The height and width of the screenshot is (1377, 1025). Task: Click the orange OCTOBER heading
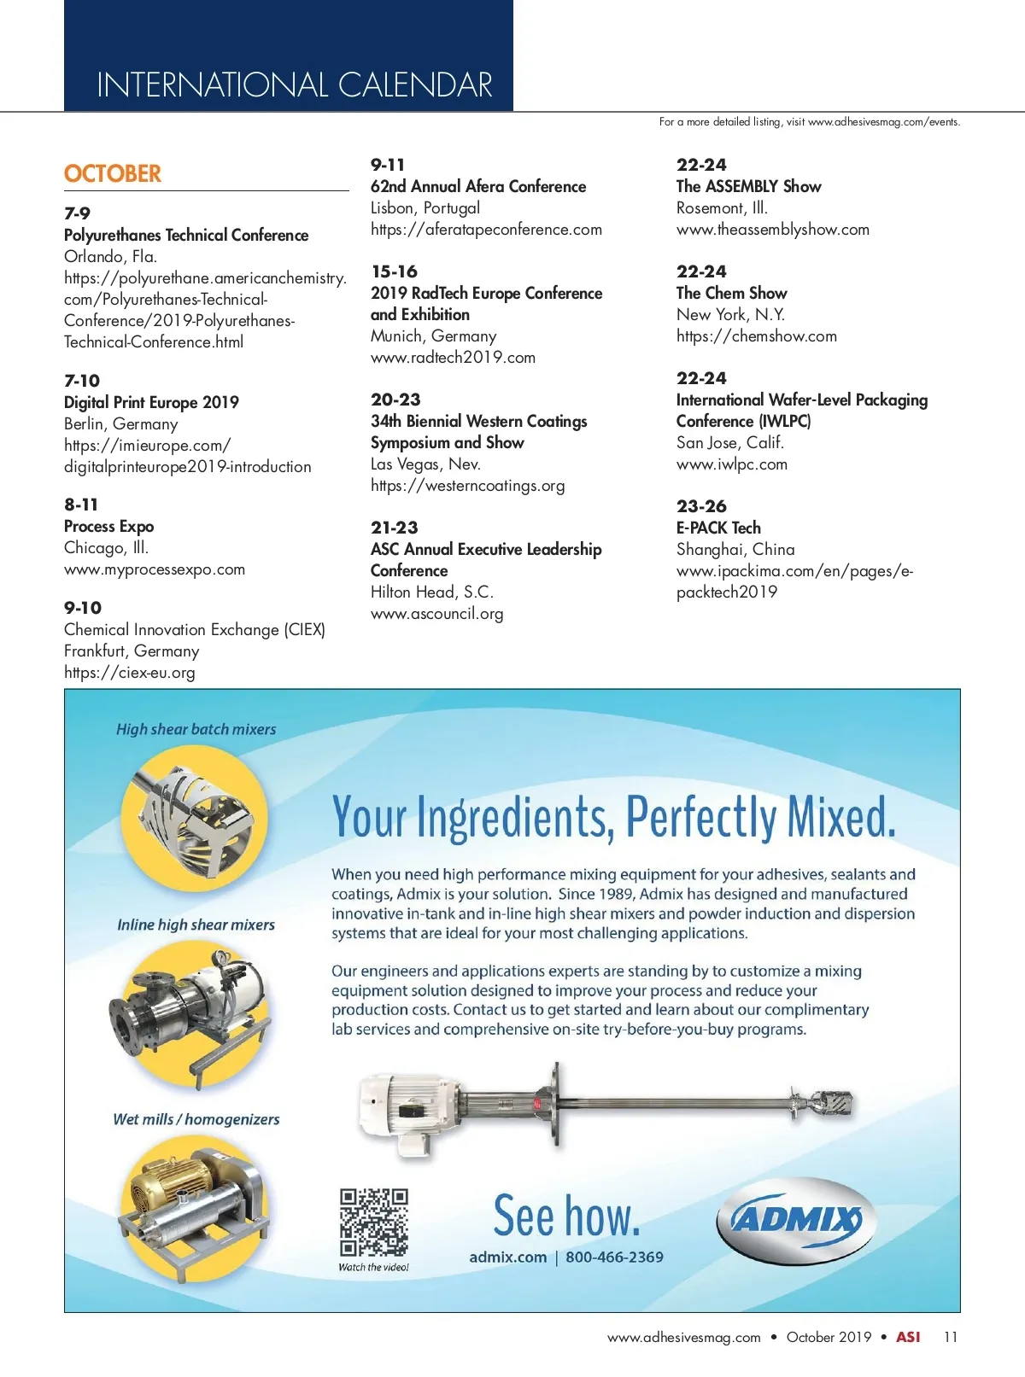[113, 173]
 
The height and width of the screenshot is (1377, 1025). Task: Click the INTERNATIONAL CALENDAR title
[295, 85]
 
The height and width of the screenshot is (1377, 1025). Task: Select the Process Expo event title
[108, 526]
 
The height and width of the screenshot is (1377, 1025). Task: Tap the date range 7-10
[82, 381]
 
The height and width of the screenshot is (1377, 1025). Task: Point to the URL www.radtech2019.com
[453, 358]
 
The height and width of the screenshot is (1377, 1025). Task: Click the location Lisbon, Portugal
[425, 207]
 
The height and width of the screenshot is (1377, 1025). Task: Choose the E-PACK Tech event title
[718, 528]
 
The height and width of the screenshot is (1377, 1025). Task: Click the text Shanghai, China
[735, 549]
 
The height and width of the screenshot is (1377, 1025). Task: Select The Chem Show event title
[731, 293]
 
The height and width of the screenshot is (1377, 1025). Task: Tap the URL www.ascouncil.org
[436, 614]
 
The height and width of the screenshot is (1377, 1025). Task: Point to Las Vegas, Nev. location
[425, 464]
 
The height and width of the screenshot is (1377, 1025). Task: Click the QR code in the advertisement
[374, 1222]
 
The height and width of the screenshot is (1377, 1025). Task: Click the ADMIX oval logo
[796, 1218]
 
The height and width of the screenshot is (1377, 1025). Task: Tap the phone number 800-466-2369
[614, 1257]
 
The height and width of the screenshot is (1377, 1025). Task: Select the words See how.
[566, 1216]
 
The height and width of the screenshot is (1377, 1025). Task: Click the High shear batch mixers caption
[196, 729]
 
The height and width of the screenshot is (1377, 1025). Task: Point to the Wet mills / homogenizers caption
[196, 1119]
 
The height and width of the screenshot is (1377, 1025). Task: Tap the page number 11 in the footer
[951, 1337]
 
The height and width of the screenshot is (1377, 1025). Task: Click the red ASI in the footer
[908, 1337]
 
